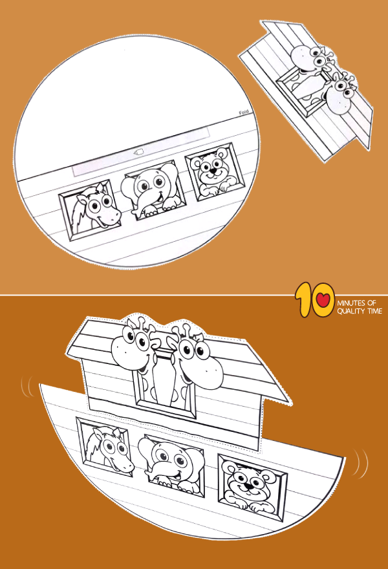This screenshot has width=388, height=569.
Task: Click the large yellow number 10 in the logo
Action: click(314, 303)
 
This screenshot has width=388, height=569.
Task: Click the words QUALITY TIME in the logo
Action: click(360, 311)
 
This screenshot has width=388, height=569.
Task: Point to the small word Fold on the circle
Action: click(244, 113)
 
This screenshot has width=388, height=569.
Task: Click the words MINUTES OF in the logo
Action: click(360, 302)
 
